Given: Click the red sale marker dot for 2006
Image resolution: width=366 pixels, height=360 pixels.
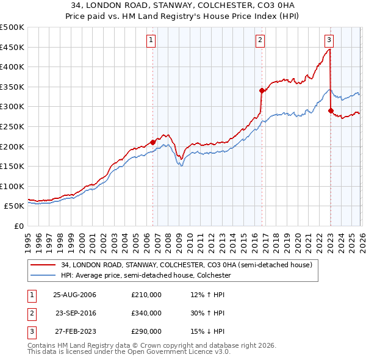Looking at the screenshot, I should (x=152, y=142).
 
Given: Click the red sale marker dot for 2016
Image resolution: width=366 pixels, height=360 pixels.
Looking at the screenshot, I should (x=262, y=90).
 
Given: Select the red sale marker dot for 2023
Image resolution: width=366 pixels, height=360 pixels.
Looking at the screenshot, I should (x=331, y=110).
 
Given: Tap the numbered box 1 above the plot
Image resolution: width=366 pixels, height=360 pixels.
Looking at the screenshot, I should (x=151, y=41).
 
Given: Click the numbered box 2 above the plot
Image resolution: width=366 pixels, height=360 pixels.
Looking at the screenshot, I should (x=260, y=41).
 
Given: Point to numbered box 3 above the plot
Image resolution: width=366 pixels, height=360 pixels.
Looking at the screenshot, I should (x=329, y=41).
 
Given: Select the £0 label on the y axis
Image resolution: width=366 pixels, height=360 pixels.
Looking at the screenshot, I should (x=18, y=226).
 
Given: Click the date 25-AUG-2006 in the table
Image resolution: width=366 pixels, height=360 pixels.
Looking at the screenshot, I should (x=74, y=295).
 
